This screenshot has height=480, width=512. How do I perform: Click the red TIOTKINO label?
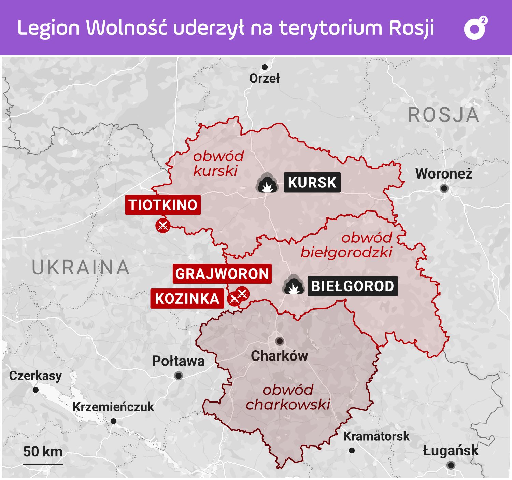tap(163, 205)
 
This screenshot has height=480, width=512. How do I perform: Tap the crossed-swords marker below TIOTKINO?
tap(163, 226)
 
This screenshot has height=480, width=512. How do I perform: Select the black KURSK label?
tap(312, 182)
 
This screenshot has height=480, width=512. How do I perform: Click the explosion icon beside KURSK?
tap(267, 183)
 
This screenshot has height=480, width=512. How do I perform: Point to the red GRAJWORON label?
tap(222, 274)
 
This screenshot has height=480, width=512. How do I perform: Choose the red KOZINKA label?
tap(187, 299)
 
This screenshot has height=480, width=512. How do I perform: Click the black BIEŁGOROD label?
tap(353, 286)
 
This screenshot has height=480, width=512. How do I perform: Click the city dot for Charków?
tap(280, 341)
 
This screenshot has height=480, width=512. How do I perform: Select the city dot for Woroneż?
tap(444, 188)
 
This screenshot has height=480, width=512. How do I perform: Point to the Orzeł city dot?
tap(265, 67)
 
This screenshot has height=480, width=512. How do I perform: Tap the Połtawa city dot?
tap(178, 376)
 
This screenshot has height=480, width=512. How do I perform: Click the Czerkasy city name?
tap(35, 376)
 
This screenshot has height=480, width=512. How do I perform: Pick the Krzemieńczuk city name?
tap(113, 407)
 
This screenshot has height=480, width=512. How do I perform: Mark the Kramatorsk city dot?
tap(352, 451)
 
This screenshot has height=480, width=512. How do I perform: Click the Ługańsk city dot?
tap(451, 465)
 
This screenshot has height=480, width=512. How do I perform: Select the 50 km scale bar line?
tap(43, 464)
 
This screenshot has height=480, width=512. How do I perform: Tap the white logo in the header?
tap(475, 28)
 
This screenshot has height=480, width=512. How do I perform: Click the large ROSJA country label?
tap(443, 115)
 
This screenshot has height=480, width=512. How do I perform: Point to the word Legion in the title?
tap(48, 28)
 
